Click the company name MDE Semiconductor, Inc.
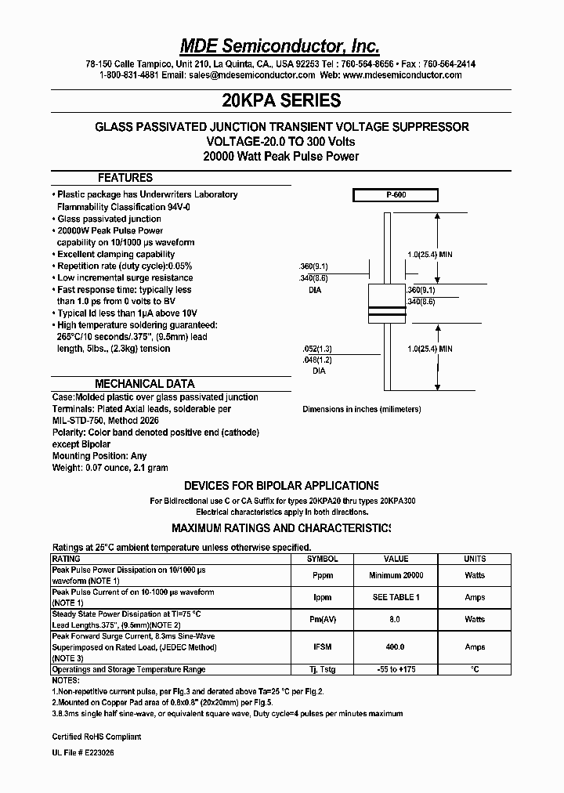[x=281, y=45]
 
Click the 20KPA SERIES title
[x=281, y=100]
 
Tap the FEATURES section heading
[x=125, y=178]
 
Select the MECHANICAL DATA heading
[x=145, y=384]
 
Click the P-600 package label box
[x=395, y=196]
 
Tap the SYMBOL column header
[x=322, y=559]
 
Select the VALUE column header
[x=396, y=559]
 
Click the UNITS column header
[x=475, y=559]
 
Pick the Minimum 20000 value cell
[x=396, y=575]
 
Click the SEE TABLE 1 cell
[x=396, y=597]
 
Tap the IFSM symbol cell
[x=322, y=647]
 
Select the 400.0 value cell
[x=396, y=647]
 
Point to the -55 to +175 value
[x=396, y=669]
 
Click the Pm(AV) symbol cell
[x=322, y=619]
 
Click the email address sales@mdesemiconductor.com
[x=251, y=75]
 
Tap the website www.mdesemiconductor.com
[x=402, y=75]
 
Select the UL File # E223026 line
[x=88, y=751]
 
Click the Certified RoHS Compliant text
[x=97, y=737]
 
